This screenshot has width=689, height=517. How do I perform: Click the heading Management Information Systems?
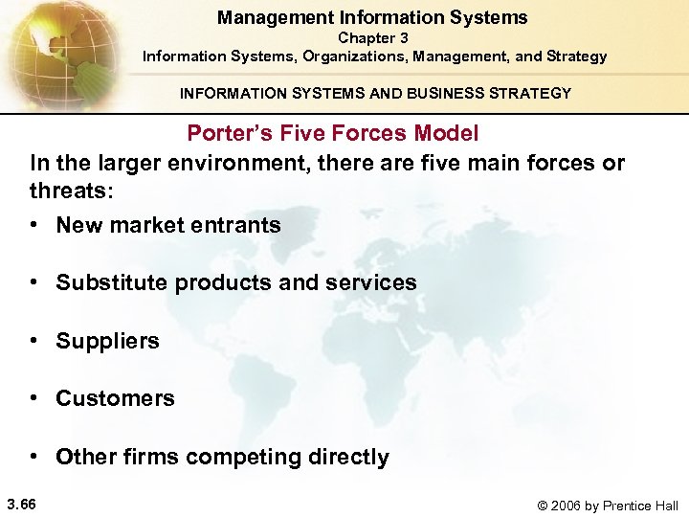click(372, 17)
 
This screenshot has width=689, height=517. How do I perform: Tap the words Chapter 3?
click(373, 38)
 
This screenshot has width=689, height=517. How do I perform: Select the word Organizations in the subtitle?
click(350, 56)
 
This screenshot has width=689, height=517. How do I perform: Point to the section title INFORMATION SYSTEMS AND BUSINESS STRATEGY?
click(375, 94)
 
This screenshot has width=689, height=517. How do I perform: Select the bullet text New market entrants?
click(168, 225)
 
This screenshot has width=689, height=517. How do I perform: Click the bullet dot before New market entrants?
click(33, 226)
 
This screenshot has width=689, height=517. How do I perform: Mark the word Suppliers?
click(107, 341)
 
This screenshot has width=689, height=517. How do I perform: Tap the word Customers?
click(115, 398)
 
